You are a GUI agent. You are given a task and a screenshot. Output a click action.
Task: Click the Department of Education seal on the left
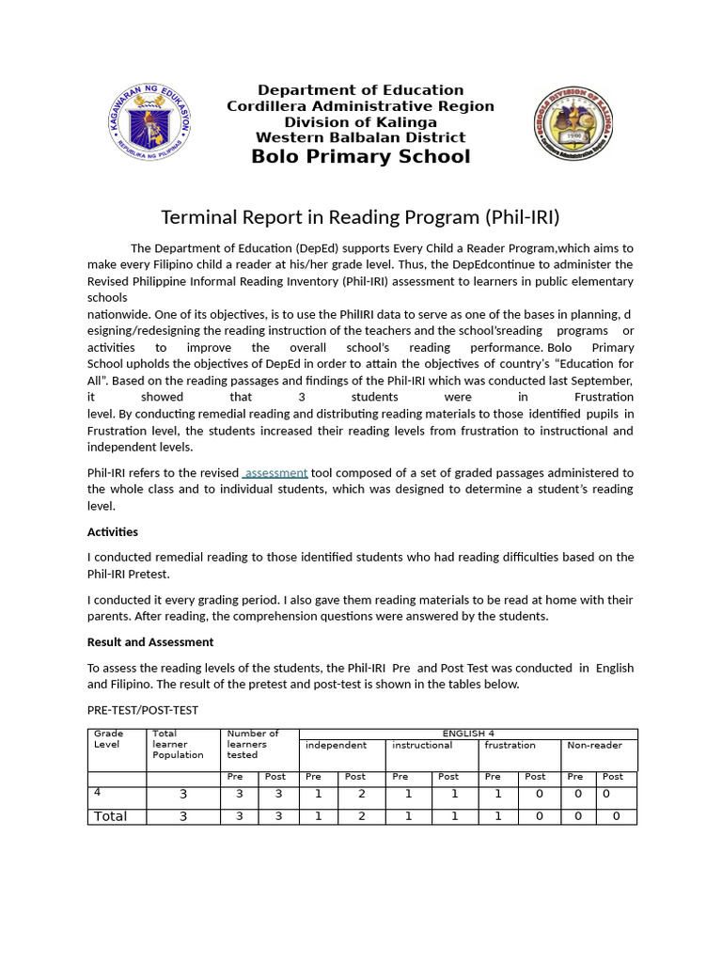tap(150, 121)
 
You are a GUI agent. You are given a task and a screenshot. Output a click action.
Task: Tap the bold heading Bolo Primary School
tap(360, 156)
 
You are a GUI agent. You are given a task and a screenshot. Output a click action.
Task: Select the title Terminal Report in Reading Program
tap(360, 217)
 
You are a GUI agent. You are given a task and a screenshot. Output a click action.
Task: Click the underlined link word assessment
tap(275, 472)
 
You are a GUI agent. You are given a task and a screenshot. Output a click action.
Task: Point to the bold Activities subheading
tap(113, 531)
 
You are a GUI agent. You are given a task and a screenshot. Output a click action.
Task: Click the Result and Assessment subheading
tap(150, 641)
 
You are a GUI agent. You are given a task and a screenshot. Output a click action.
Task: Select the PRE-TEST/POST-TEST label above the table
tap(143, 710)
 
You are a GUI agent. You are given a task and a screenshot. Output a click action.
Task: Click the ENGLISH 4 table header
tap(467, 734)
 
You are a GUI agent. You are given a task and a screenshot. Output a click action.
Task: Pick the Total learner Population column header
tap(178, 744)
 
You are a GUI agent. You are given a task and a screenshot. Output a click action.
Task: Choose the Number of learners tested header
tap(253, 744)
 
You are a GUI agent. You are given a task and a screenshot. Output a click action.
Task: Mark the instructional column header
tap(422, 745)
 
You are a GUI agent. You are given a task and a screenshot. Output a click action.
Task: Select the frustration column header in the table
tap(510, 745)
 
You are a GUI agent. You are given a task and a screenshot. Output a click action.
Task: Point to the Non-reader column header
tap(595, 745)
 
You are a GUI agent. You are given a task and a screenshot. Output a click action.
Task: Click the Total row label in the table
tap(110, 816)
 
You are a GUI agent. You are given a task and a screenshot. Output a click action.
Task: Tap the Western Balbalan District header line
tap(360, 137)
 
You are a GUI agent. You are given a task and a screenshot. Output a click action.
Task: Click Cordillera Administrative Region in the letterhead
tap(360, 106)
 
